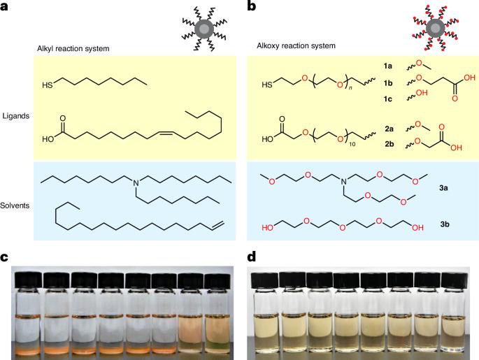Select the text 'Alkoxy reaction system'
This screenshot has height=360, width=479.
pyautogui.click(x=296, y=47)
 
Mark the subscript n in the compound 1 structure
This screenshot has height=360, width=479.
pyautogui.click(x=359, y=89)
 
